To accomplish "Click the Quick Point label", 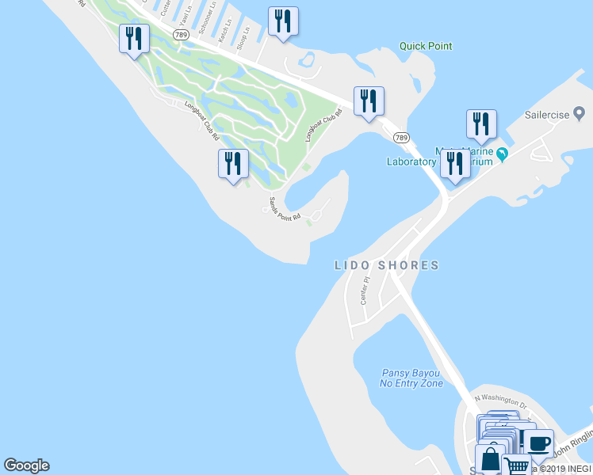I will (x=426, y=46).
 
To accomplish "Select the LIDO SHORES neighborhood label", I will (x=386, y=266).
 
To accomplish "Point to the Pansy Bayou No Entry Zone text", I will (x=411, y=378).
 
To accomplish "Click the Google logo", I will (x=26, y=465).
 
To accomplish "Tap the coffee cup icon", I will (x=539, y=443).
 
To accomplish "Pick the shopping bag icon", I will (x=490, y=459).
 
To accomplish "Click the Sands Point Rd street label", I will (x=285, y=208).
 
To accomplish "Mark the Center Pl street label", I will (x=365, y=291).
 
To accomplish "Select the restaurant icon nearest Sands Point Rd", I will (x=233, y=164).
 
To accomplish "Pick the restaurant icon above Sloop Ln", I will (x=283, y=21).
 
